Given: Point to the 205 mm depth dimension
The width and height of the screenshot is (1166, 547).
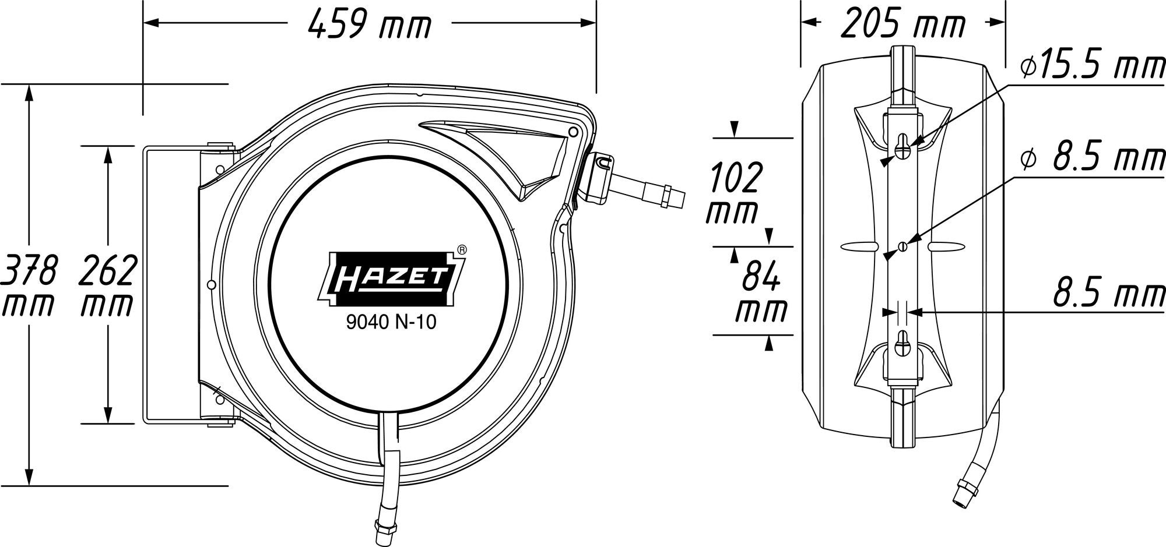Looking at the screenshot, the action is click(903, 24).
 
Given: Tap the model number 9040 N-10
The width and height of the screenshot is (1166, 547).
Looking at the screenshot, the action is click(391, 323).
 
